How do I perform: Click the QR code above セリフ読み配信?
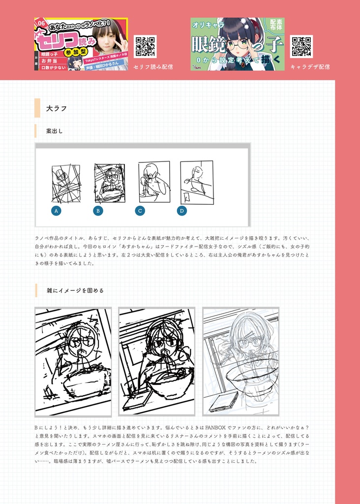click(145, 47)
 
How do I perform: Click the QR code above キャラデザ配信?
click(301, 47)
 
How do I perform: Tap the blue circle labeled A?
click(56, 211)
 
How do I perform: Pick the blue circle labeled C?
click(140, 211)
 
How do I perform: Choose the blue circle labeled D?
click(182, 211)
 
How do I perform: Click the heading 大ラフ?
click(56, 108)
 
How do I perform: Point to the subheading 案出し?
click(54, 131)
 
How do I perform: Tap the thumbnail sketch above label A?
click(66, 184)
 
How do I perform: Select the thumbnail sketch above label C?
click(154, 182)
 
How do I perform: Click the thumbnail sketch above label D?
click(197, 182)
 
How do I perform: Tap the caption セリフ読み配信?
click(153, 66)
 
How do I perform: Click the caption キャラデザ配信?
click(310, 66)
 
